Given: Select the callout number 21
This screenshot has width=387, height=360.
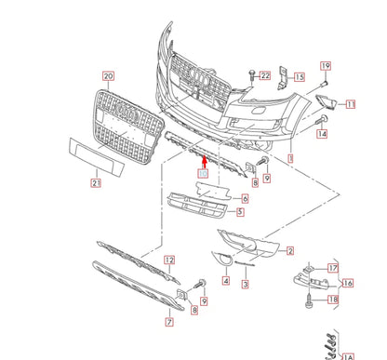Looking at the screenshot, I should point(96,183).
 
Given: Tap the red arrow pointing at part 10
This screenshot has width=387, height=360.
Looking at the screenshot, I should point(204,162).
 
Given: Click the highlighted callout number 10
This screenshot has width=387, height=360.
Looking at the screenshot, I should point(204,174).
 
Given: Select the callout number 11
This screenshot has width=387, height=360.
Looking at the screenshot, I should point(350,105).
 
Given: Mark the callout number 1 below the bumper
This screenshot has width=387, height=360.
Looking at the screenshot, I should point(291,160).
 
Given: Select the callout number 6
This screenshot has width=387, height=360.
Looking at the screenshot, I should point(245,198).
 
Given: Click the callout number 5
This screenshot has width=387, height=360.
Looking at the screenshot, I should point(240,212).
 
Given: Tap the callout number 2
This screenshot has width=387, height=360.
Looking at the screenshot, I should point(290,251).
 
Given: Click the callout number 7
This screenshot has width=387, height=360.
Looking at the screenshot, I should point(169,323).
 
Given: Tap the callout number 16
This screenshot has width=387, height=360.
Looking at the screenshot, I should point(349,283).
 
